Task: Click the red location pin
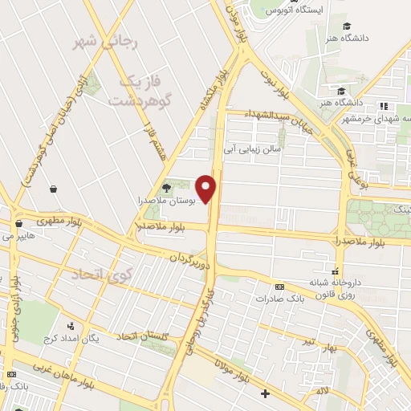pyautogui.click(x=208, y=188)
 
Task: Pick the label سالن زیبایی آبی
pyautogui.click(x=253, y=149)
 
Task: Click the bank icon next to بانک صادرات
pyautogui.click(x=279, y=287)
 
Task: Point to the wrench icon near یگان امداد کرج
pyautogui.click(x=71, y=326)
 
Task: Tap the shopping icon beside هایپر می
pyautogui.click(x=18, y=224)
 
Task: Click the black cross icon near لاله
pyautogui.click(x=266, y=393)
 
